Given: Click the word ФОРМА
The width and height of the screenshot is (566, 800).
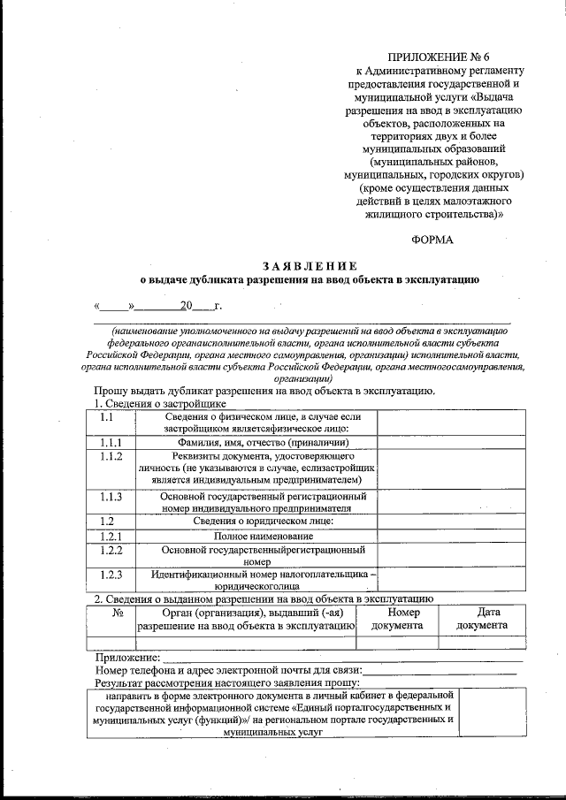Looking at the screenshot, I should coord(432,240).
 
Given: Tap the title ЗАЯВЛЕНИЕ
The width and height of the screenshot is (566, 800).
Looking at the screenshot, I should coord(309,266).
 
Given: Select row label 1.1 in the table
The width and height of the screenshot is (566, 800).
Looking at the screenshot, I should coord(106,416).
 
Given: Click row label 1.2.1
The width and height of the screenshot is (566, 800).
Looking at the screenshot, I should coord(111,537).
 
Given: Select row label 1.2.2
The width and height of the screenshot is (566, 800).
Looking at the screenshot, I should coord(111,550).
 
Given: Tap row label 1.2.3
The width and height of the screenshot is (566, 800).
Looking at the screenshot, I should coord(111,575).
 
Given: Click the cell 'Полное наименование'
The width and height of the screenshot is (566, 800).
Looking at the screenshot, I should coord(263,537).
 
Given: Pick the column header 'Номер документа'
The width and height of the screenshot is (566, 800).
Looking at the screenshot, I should coord(402,619).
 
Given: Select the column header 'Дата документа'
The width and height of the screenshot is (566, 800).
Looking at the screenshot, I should coord(481,619).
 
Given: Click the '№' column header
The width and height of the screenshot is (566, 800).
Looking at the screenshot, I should coord(118,612).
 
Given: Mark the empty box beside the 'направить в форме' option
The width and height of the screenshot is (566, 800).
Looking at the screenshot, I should coord(493,713).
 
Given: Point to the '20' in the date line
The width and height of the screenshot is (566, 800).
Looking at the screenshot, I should coord(186,307).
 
